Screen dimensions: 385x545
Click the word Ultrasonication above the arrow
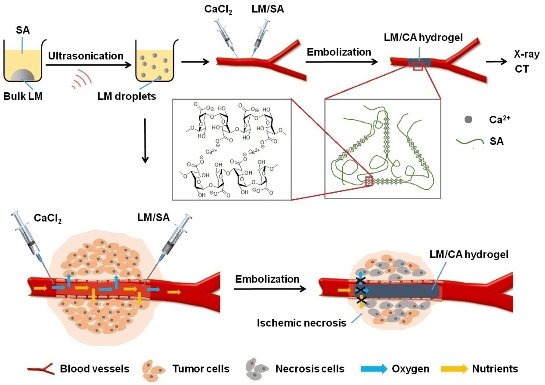[x=86, y=56]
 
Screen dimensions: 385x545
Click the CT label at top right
[x=522, y=68]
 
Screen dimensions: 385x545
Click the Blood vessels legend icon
[x=41, y=369]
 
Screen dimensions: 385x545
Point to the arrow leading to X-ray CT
[x=495, y=62]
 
